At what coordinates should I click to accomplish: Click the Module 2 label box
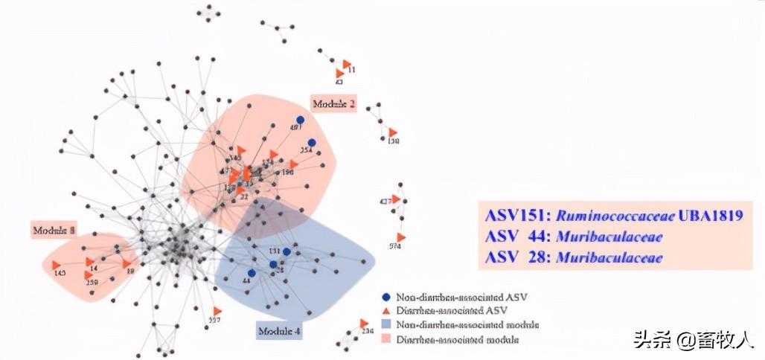click(333, 103)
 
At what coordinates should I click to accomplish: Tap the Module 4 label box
click(280, 330)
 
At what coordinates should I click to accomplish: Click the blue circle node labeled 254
click(312, 143)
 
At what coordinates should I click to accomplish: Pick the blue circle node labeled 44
click(252, 273)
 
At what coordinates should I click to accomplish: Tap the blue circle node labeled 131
click(287, 252)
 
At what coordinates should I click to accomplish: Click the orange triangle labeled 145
click(57, 265)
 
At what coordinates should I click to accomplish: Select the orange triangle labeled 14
click(90, 262)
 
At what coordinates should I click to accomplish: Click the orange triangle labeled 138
click(393, 132)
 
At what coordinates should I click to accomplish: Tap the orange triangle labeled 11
click(347, 64)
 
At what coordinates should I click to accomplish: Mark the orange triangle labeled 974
click(401, 237)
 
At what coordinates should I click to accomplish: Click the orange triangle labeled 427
click(397, 199)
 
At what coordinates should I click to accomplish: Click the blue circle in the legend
click(385, 297)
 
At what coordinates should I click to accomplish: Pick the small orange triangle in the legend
click(385, 311)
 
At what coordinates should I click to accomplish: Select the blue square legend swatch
click(385, 325)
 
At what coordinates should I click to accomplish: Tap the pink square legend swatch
click(385, 339)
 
